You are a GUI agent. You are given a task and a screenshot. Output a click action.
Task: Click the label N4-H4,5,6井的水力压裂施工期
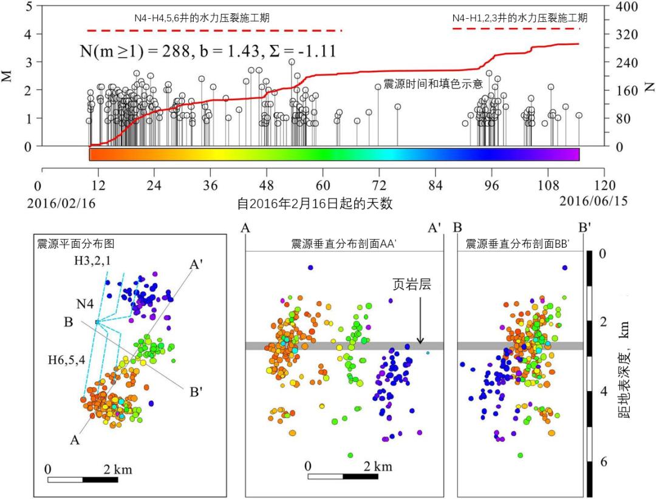[x=202, y=19]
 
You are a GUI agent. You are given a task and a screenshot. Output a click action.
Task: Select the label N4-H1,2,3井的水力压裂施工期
[x=519, y=19]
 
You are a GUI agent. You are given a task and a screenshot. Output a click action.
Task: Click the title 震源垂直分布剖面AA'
[x=344, y=244]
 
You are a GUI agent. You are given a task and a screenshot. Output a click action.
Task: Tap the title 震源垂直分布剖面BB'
[x=517, y=244]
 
